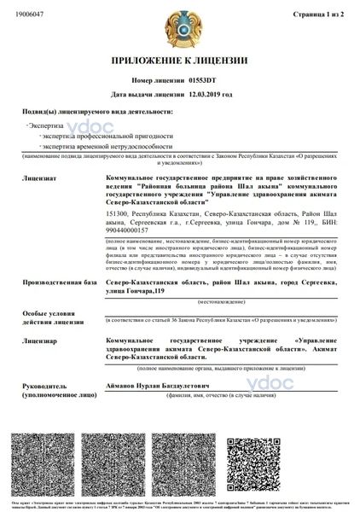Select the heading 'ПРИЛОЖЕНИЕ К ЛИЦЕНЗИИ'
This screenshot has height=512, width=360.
click(180, 62)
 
